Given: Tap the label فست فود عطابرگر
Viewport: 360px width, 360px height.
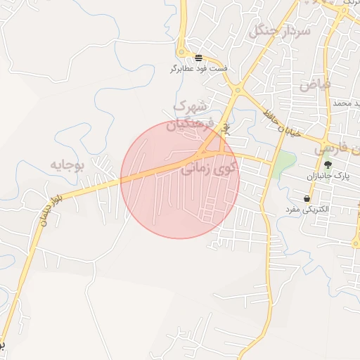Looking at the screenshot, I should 198,70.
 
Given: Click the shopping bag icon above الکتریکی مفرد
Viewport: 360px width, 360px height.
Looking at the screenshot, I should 307,199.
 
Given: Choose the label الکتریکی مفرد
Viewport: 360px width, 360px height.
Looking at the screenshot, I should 303,210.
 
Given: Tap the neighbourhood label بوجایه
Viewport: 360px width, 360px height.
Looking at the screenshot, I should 67,165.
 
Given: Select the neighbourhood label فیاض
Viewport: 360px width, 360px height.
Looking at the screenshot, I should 314,85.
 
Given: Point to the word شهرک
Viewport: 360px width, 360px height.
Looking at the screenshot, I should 190,107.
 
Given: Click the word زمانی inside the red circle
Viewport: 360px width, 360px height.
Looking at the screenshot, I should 199,170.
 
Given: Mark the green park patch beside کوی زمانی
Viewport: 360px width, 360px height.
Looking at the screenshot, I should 283,165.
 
